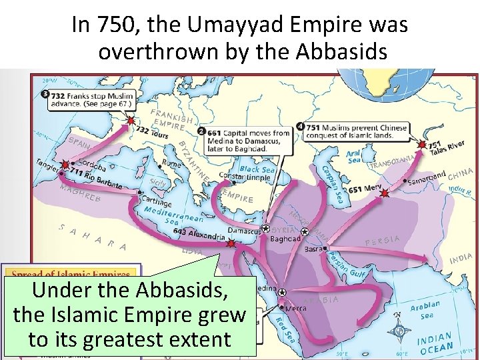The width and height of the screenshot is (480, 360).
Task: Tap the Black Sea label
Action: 257,169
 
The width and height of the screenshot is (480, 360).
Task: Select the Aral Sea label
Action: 353,157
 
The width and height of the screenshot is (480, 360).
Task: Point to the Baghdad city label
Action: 286,238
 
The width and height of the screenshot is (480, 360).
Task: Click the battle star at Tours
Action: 131,121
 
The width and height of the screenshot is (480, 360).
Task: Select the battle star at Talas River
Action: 421,144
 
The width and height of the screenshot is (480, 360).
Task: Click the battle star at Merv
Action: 384,193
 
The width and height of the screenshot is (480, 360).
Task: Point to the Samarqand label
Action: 427,178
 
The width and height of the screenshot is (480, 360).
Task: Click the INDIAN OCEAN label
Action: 435,343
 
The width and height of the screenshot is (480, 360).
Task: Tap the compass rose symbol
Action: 399,330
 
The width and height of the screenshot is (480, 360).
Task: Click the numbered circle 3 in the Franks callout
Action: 45,94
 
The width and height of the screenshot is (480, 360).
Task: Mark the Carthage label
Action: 156,203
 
